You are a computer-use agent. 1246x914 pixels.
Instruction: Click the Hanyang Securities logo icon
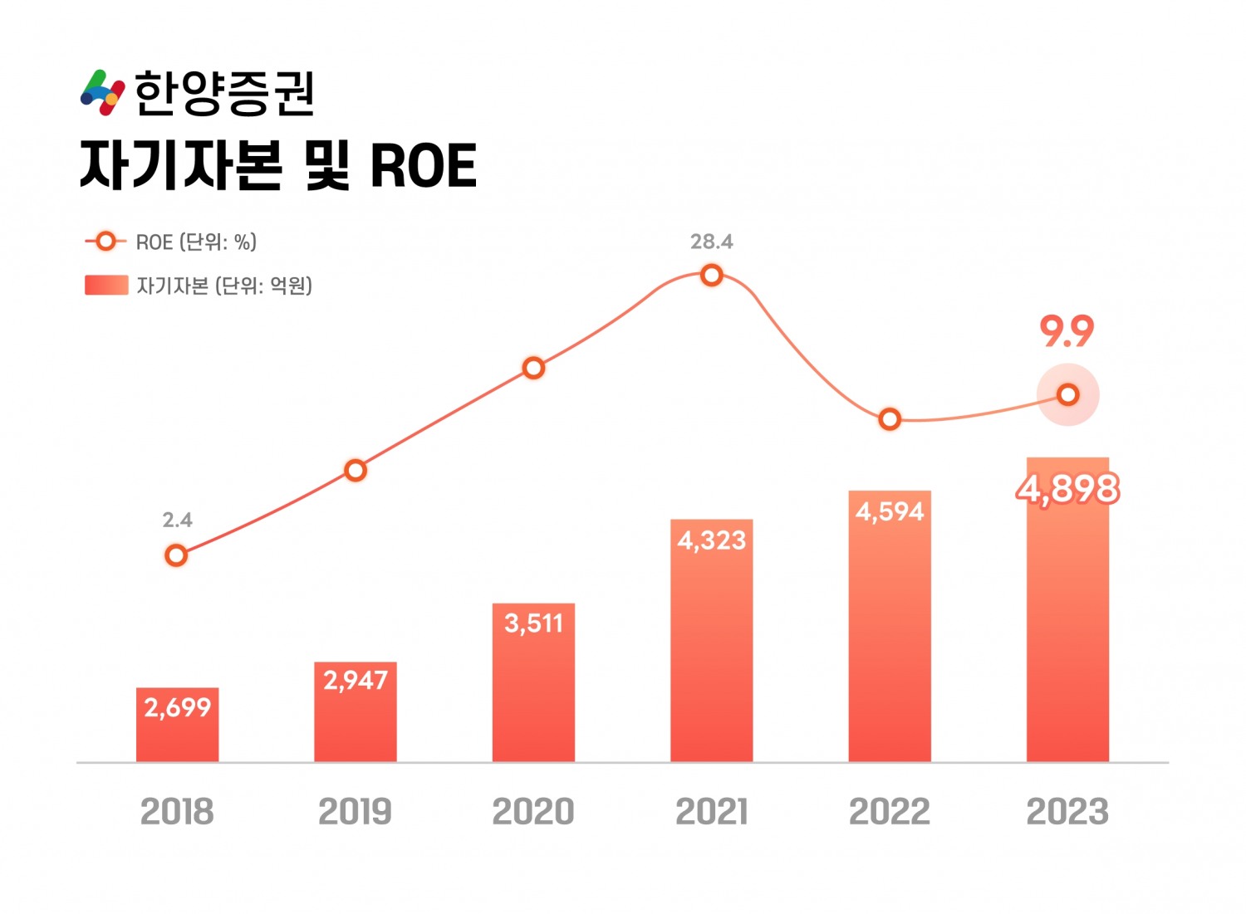point(102,92)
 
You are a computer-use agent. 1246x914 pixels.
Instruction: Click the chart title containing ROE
point(277,166)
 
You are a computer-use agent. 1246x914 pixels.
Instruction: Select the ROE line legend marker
point(105,242)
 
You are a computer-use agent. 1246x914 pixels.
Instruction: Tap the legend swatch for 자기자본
point(106,286)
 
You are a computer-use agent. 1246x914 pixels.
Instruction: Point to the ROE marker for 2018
point(176,555)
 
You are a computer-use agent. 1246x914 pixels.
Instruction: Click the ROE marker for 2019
point(356,471)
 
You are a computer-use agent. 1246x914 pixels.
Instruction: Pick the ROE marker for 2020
point(534,368)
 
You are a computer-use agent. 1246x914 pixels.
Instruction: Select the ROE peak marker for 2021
point(712,276)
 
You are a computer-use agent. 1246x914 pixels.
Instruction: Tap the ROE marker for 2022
point(890,419)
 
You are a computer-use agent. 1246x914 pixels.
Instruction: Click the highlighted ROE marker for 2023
point(1068,394)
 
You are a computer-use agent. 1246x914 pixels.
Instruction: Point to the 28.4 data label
point(712,242)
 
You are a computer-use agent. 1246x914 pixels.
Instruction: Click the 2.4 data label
point(177,520)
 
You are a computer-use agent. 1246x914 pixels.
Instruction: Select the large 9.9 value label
point(1067,332)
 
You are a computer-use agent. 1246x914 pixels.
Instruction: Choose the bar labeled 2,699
point(178,725)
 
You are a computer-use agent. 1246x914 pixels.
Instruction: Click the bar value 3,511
point(534,623)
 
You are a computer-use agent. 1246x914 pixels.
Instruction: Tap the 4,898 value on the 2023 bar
point(1068,489)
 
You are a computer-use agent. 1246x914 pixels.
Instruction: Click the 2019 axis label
point(356,812)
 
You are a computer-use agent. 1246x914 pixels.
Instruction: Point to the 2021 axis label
point(712,812)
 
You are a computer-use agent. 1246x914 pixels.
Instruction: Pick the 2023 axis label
point(1068,812)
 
